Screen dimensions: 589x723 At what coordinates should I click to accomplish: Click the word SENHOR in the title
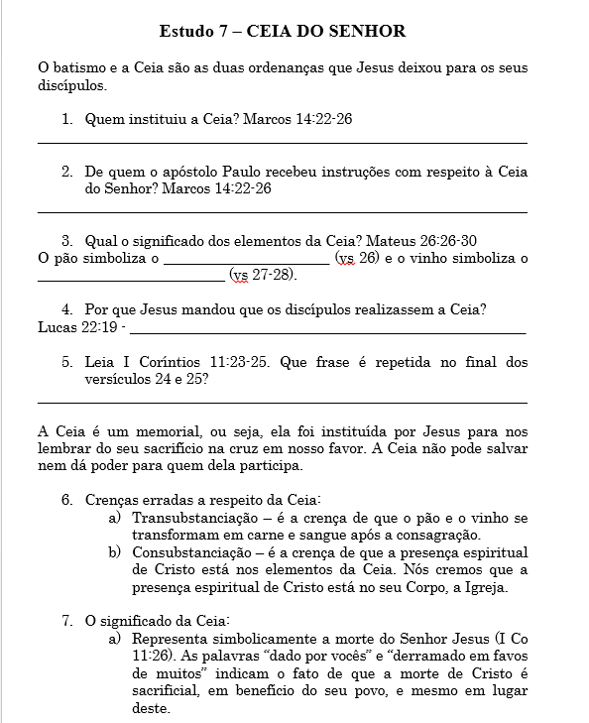[x=366, y=32]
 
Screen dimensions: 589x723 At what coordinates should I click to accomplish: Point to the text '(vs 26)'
[x=357, y=259]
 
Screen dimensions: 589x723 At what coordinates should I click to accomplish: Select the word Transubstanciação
[x=197, y=519]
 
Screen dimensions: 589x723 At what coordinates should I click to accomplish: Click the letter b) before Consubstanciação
[x=115, y=551]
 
